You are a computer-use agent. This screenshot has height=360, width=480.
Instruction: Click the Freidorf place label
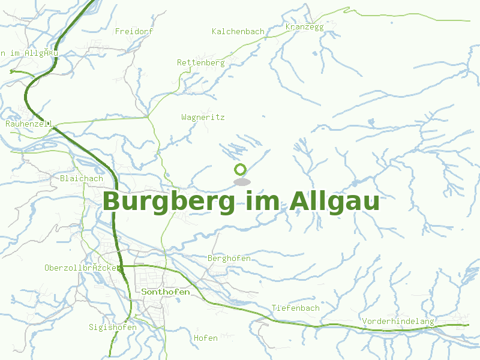pyautogui.click(x=134, y=31)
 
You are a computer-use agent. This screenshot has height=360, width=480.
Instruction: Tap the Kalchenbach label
pyautogui.click(x=238, y=32)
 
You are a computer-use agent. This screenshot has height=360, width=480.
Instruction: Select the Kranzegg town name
pyautogui.click(x=305, y=27)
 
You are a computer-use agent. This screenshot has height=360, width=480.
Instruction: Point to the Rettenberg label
pyautogui.click(x=200, y=62)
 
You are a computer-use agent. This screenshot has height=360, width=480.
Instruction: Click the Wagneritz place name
pyautogui.click(x=203, y=118)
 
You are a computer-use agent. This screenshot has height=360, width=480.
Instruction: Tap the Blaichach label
pyautogui.click(x=82, y=179)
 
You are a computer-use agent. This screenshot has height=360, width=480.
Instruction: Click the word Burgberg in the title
pyautogui.click(x=169, y=202)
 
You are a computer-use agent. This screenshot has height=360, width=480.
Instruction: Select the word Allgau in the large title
pyautogui.click(x=334, y=202)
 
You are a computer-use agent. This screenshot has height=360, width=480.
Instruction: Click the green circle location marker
pyautogui.click(x=241, y=170)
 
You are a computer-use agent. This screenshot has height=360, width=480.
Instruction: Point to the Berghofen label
pyautogui.click(x=229, y=259)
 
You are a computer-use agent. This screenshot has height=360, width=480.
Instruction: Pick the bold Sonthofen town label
pyautogui.click(x=166, y=292)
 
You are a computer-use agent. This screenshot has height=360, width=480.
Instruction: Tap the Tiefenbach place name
pyautogui.click(x=296, y=308)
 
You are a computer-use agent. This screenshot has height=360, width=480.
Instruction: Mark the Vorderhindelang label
pyautogui.click(x=398, y=322)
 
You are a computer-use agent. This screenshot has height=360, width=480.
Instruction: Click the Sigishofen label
pyautogui.click(x=113, y=328)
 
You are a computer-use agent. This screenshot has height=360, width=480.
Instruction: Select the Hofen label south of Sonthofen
pyautogui.click(x=206, y=338)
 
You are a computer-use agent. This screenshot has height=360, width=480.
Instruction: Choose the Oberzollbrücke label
pyautogui.click(x=83, y=268)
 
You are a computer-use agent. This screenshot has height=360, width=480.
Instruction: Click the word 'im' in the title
pyautogui.click(x=263, y=202)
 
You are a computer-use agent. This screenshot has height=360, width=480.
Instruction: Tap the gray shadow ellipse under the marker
pyautogui.click(x=241, y=182)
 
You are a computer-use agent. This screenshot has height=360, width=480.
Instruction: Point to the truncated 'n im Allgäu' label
pyautogui.click(x=29, y=53)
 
